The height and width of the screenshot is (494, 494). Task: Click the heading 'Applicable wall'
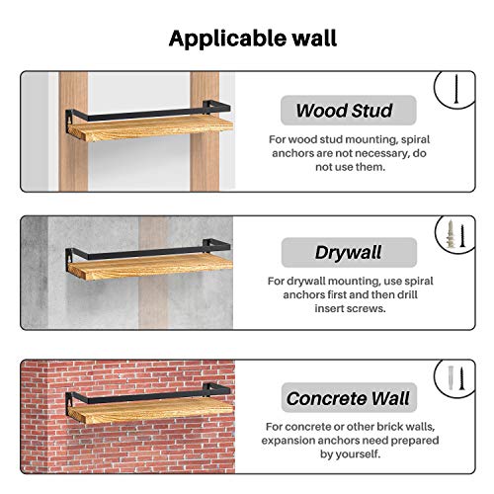[x=253, y=39]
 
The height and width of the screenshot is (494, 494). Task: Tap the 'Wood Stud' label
[x=344, y=111]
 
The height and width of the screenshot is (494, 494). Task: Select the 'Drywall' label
[x=348, y=252]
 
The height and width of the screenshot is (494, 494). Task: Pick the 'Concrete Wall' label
[x=348, y=398]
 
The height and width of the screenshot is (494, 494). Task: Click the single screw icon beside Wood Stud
[x=456, y=89]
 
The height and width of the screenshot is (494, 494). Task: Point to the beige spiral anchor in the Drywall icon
[x=451, y=234]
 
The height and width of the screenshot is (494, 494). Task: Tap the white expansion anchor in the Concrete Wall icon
[x=451, y=378]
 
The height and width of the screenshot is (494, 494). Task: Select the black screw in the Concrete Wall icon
[x=461, y=378]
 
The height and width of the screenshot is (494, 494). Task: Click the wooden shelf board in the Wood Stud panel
[x=150, y=127]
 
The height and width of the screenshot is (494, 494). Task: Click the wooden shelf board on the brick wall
[x=150, y=410]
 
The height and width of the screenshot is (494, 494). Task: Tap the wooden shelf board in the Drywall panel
[x=150, y=268]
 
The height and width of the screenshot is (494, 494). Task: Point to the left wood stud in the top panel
[x=73, y=131]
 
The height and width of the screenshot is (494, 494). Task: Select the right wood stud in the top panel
[x=205, y=131]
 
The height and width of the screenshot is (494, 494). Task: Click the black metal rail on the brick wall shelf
[x=148, y=395]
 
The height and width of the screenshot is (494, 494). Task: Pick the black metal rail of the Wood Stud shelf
[x=148, y=113]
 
